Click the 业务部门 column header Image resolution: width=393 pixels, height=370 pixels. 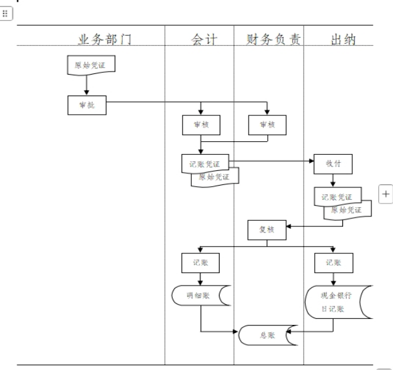[x=104, y=39]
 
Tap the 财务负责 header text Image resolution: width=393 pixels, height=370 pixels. [x=269, y=39]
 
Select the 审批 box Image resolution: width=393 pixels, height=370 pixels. [x=86, y=105]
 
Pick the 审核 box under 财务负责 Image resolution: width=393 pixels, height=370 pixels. [x=267, y=125]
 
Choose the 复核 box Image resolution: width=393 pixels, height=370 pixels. [x=267, y=229]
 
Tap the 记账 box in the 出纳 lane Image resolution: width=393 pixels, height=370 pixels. [x=333, y=262]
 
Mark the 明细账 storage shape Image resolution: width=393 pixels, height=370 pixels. [x=201, y=295]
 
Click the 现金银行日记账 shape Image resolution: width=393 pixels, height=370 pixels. [x=336, y=302]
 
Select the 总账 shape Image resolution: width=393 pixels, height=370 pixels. [x=267, y=335]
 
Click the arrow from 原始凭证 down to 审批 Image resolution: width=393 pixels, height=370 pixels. [x=86, y=85]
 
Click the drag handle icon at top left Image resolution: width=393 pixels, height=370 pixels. [x=7, y=15]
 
